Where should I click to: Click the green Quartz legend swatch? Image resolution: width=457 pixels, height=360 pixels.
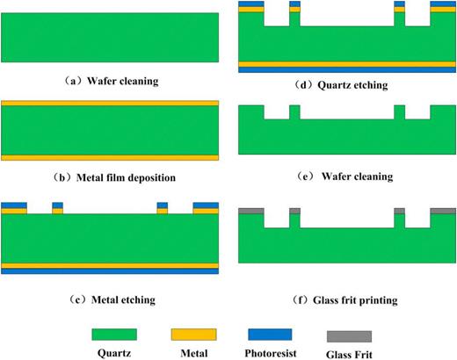pyautogui.click(x=114, y=334)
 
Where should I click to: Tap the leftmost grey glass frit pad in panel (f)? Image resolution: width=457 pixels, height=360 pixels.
pyautogui.click(x=251, y=211)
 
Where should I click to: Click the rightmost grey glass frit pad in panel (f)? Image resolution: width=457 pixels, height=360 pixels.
pyautogui.click(x=442, y=211)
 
